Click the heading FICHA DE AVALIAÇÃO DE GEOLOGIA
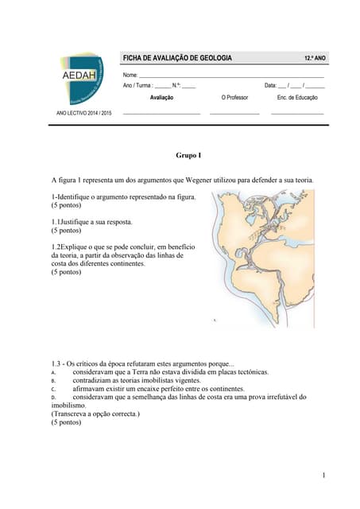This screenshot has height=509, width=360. (x=176, y=59)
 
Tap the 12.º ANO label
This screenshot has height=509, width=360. (x=315, y=60)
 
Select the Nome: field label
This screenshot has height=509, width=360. (x=130, y=74)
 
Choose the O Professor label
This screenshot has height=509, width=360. (x=234, y=97)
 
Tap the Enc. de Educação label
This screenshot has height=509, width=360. (x=296, y=97)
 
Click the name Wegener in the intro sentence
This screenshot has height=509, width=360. (x=210, y=181)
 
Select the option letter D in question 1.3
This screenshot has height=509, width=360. (x=53, y=397)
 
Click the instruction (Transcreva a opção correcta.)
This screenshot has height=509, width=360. (x=95, y=414)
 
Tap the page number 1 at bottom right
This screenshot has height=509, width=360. (x=323, y=475)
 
